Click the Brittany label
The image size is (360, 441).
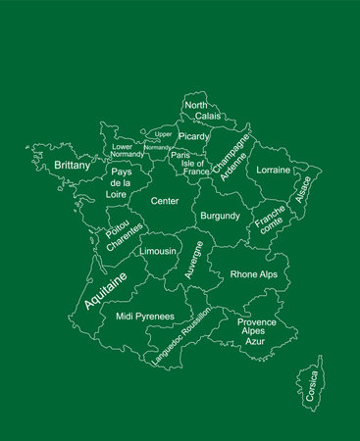pyautogui.click(x=73, y=166)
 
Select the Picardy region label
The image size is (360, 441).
pyautogui.click(x=193, y=136)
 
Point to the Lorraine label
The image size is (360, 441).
pyautogui.click(x=273, y=170)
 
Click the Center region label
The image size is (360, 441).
pyautogui.click(x=164, y=200)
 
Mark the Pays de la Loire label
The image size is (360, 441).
pyautogui.click(x=122, y=183)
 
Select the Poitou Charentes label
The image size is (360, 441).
pyautogui.click(x=120, y=238)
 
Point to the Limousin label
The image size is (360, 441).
pyautogui.click(x=158, y=251)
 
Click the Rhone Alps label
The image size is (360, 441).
pyautogui.click(x=253, y=274)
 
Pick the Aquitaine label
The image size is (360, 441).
pyautogui.click(x=105, y=291)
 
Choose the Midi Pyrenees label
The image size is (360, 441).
pyautogui.click(x=145, y=317)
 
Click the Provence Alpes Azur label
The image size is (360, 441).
pyautogui.click(x=256, y=331)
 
